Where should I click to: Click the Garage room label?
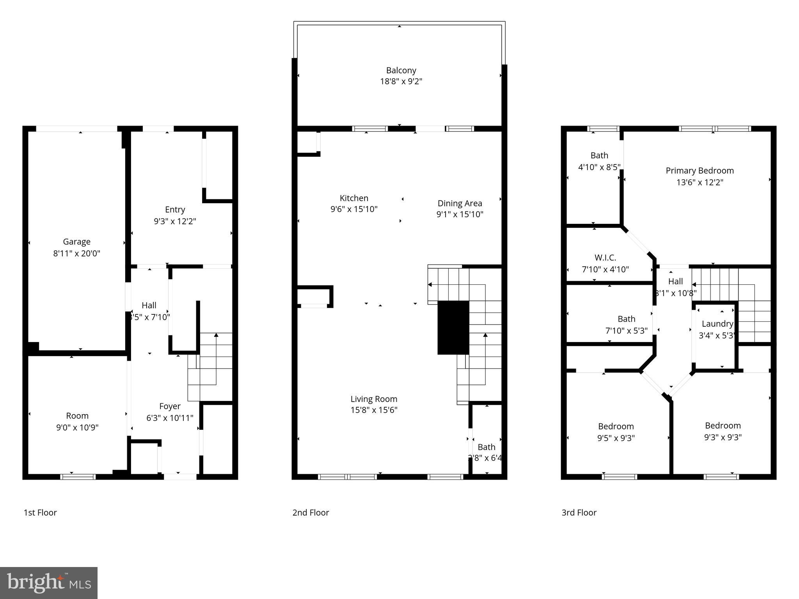coord(76,242)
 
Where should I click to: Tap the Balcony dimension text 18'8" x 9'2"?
coord(401,82)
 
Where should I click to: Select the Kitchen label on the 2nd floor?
coord(354,198)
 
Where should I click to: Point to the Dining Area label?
coord(460,203)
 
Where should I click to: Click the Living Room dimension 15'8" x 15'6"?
coord(374,410)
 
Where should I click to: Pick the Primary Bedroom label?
coord(700,171)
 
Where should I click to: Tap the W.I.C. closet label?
coord(605,258)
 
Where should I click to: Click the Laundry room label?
coord(717,324)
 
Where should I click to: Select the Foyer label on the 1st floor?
coord(170,406)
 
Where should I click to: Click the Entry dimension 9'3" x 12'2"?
coord(175,222)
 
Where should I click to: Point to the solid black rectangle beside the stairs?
coord(453,327)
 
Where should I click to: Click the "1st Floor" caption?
coord(40,512)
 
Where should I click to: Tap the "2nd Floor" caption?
coord(311,512)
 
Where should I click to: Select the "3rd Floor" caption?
coord(579,512)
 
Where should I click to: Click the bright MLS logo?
coord(49,583)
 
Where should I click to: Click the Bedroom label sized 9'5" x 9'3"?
coord(616,426)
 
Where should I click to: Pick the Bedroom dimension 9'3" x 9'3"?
coord(723,437)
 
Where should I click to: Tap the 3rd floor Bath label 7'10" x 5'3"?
coord(626,319)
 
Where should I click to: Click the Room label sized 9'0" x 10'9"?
coord(77,416)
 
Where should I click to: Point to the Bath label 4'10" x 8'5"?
coord(599,156)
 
